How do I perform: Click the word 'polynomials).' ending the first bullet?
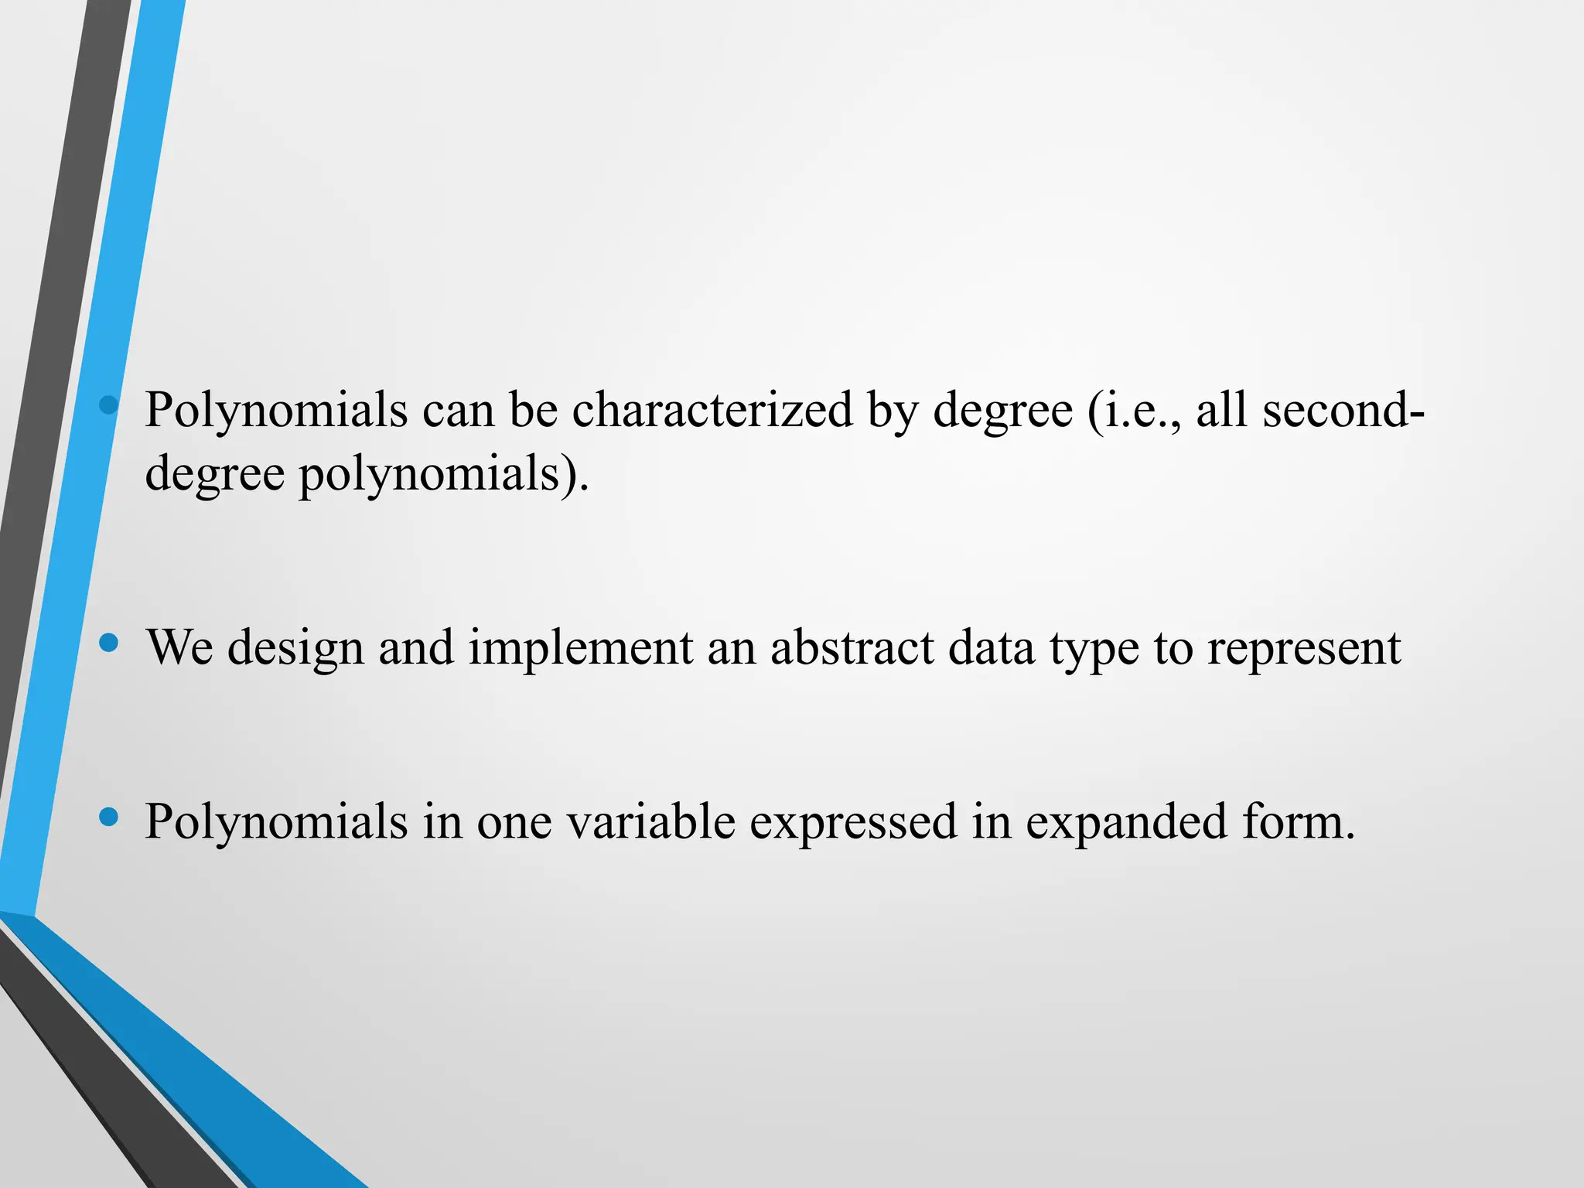tap(444, 473)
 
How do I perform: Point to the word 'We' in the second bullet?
tap(179, 647)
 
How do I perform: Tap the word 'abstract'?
tap(852, 647)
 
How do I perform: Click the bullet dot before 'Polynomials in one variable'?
tap(109, 816)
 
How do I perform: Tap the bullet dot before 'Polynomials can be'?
tap(109, 405)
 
